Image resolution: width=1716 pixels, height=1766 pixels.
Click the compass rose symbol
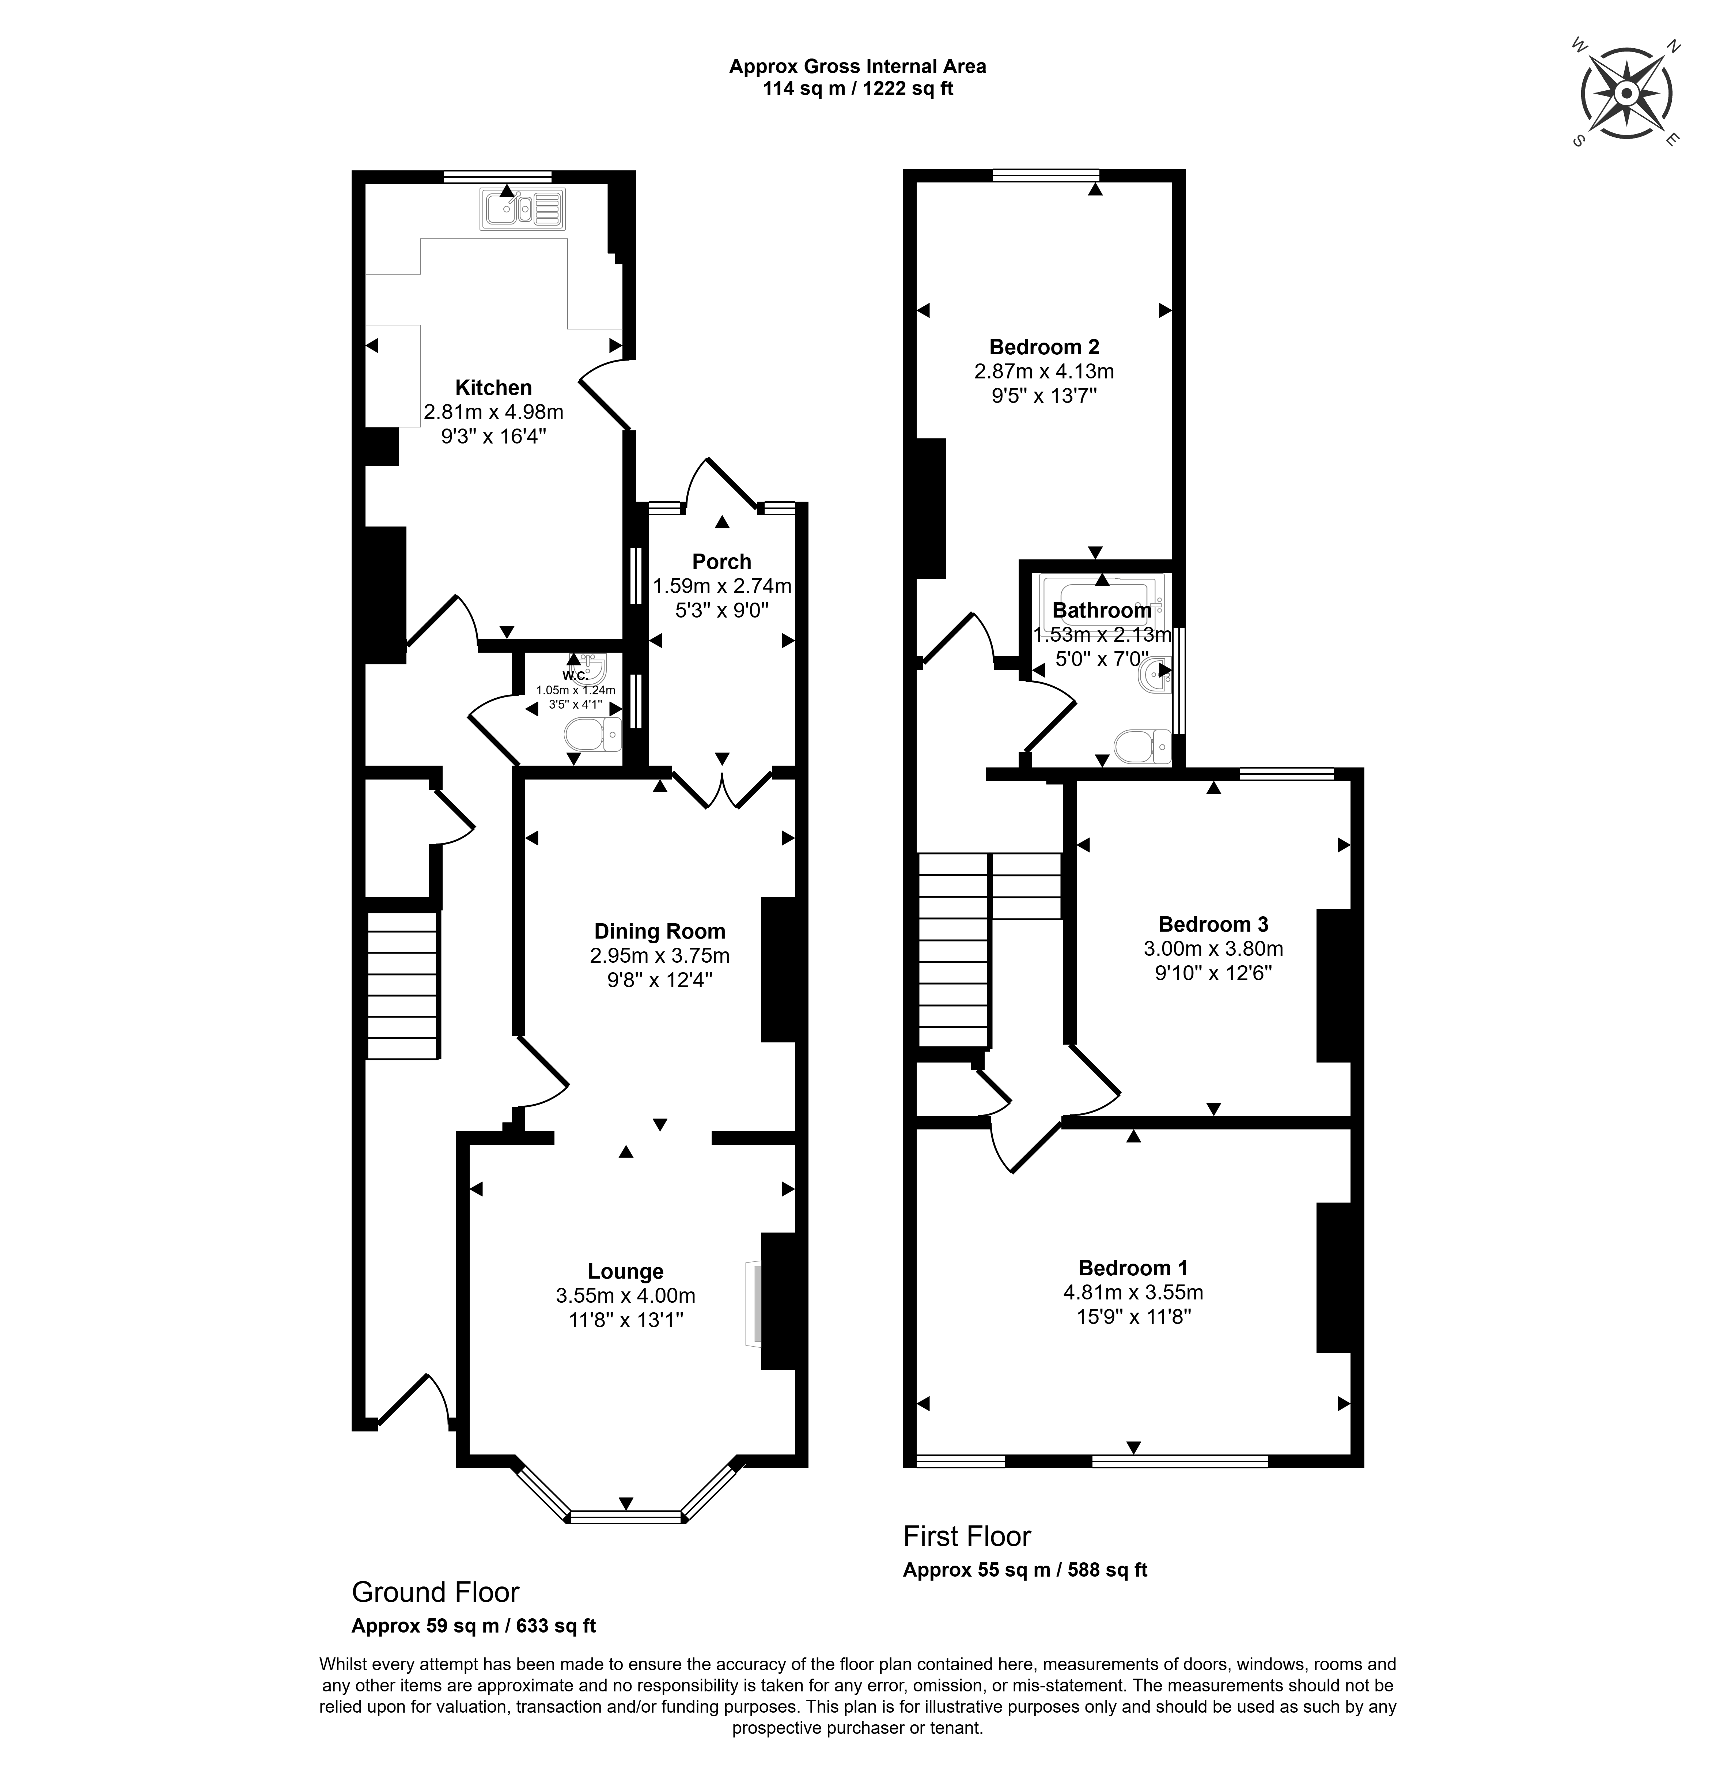(1625, 94)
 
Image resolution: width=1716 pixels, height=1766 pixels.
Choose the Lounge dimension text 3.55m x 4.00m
(625, 1295)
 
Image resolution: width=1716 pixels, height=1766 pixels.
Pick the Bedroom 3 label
(1213, 924)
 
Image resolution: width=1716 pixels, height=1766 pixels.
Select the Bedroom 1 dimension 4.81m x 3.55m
(1133, 1292)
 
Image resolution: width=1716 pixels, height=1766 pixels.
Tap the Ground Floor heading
(435, 1592)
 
